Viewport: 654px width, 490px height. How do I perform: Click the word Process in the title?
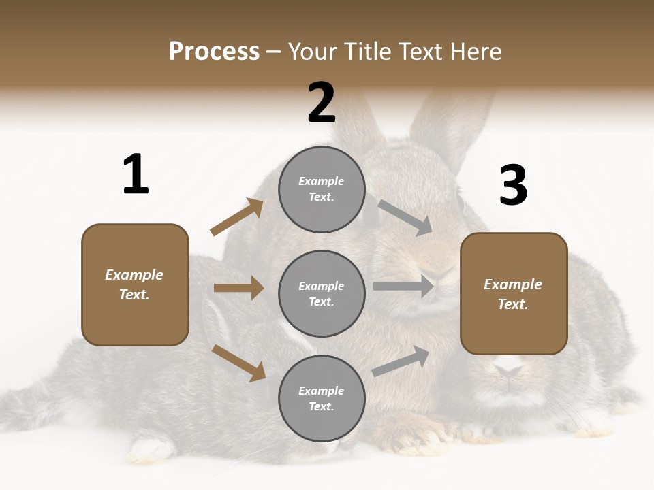click(214, 52)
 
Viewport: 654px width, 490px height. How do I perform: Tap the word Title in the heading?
click(368, 52)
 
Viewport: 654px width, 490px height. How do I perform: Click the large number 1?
click(136, 175)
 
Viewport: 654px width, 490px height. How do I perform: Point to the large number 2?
click(322, 103)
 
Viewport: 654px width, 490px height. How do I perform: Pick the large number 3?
click(513, 186)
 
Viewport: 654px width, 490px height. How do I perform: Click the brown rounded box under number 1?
click(135, 284)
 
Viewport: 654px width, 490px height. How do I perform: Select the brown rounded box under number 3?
click(514, 294)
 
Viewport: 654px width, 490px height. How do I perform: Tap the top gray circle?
click(322, 189)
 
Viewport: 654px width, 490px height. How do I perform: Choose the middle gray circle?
click(322, 293)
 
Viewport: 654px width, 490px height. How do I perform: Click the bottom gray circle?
click(322, 398)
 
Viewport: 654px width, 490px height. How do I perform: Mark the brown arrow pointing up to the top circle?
click(237, 217)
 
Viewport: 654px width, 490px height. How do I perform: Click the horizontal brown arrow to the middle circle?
click(238, 288)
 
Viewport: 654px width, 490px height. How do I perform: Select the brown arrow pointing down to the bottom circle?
click(238, 362)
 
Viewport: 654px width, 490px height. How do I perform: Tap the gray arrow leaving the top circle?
click(405, 217)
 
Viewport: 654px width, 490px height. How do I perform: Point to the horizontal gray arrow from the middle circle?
click(403, 287)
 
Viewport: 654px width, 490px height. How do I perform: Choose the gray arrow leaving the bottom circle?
click(401, 361)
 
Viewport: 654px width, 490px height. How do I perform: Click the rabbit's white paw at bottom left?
click(154, 447)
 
